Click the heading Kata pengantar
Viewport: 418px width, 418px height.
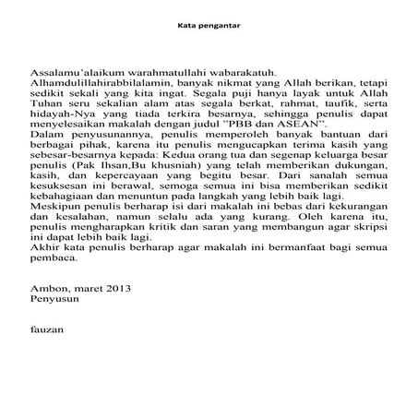click(208, 25)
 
